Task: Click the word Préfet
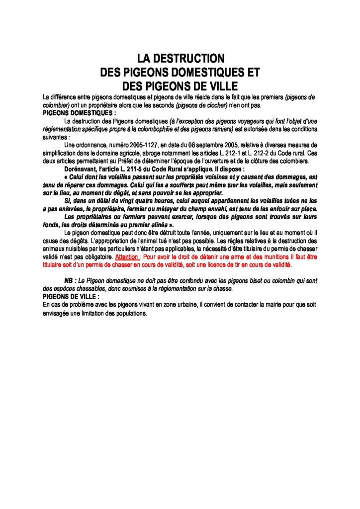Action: (x=125, y=161)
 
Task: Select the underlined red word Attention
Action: (x=127, y=257)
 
